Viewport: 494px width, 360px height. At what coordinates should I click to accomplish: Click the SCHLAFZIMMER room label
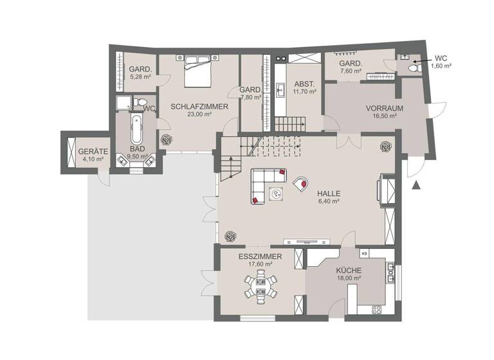point(199,106)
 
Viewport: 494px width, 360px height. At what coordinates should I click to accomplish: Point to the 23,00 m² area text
point(199,114)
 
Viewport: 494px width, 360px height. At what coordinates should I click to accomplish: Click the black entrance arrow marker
point(416,186)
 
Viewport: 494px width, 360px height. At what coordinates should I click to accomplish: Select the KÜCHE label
point(347,271)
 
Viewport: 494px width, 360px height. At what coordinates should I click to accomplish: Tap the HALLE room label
point(328,193)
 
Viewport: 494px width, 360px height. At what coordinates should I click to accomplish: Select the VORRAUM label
point(366,108)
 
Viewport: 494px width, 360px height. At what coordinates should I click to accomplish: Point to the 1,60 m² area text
point(441,66)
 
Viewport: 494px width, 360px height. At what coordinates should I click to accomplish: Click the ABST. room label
point(304,84)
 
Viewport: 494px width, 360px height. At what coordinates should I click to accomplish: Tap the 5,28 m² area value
point(140,76)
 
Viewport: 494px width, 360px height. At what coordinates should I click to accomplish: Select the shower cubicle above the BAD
point(125,104)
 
